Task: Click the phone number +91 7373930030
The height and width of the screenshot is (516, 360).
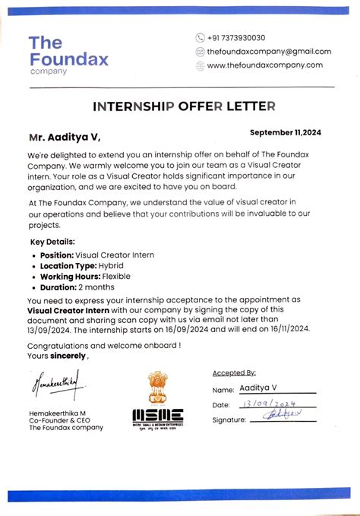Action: [x=237, y=38]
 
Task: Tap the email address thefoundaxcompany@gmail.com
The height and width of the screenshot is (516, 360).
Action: [x=269, y=52]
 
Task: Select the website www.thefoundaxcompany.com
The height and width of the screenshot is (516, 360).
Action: [x=264, y=65]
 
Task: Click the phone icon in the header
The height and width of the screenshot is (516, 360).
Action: [x=200, y=38]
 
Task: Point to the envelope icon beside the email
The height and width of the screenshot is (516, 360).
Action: [x=200, y=52]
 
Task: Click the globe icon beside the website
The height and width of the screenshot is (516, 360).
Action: [x=200, y=65]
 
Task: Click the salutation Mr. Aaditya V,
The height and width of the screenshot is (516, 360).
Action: [x=64, y=138]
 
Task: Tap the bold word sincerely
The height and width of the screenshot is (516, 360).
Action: [x=68, y=356]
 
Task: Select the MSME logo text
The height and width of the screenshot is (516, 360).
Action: [x=157, y=416]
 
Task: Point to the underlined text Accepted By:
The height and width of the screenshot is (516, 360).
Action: [x=235, y=373]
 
